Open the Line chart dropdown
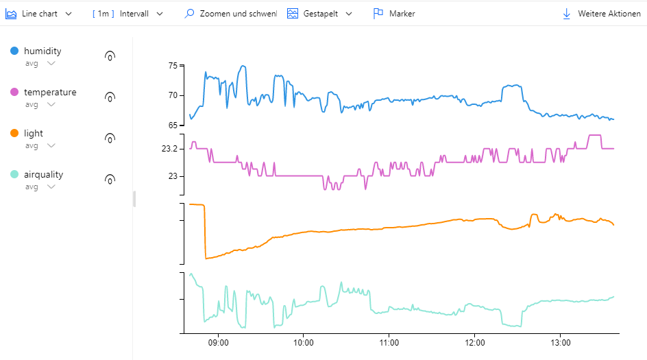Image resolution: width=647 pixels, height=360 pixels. tap(39, 14)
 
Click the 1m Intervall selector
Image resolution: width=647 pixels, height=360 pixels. tap(128, 14)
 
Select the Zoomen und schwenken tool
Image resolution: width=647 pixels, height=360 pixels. tap(231, 14)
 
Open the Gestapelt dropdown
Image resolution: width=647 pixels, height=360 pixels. tap(319, 14)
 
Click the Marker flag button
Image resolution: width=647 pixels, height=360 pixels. tap(394, 14)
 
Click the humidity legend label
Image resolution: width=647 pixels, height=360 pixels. tap(42, 51)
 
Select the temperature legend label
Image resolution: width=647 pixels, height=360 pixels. tap(50, 93)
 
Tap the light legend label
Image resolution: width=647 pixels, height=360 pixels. tap(34, 134)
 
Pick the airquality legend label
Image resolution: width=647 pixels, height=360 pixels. tap(43, 175)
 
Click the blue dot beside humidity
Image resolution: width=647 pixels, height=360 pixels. tap(14, 51)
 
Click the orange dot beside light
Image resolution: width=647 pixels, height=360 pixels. tap(14, 134)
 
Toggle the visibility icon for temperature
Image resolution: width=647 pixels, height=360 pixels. tap(110, 97)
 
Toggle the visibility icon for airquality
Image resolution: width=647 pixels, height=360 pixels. tap(110, 180)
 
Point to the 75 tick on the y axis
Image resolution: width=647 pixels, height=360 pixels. tap(173, 66)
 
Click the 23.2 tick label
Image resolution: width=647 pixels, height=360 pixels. tap(169, 149)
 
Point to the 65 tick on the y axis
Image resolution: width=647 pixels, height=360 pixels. tap(173, 125)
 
